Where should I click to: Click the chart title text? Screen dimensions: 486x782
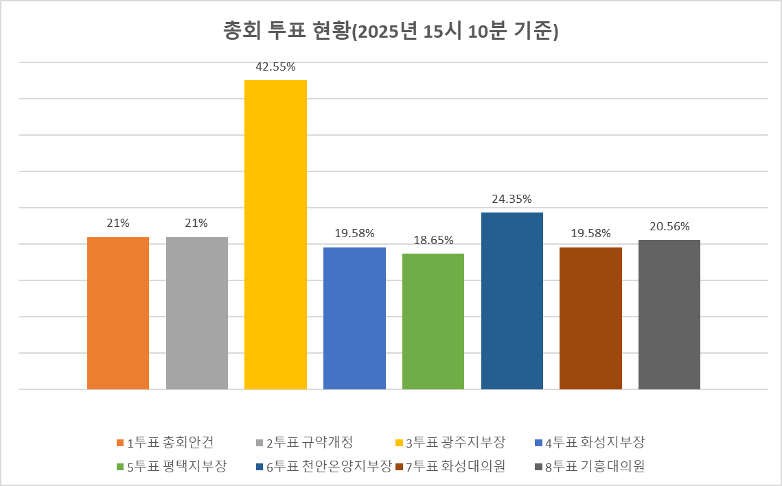(x=391, y=32)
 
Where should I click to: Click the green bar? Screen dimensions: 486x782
(x=433, y=321)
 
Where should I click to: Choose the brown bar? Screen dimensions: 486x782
(x=590, y=318)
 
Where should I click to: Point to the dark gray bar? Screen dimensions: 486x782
(x=669, y=315)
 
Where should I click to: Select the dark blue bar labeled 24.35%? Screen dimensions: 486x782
(x=512, y=301)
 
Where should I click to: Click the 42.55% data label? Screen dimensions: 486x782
(x=275, y=67)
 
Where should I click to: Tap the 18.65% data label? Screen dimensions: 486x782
(x=433, y=241)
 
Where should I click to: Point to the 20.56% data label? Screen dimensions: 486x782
(x=669, y=227)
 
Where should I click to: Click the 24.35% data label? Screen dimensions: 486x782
(x=512, y=199)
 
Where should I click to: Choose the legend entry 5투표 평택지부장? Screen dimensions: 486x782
(x=171, y=467)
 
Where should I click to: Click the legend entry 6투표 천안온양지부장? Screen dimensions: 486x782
(x=324, y=467)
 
